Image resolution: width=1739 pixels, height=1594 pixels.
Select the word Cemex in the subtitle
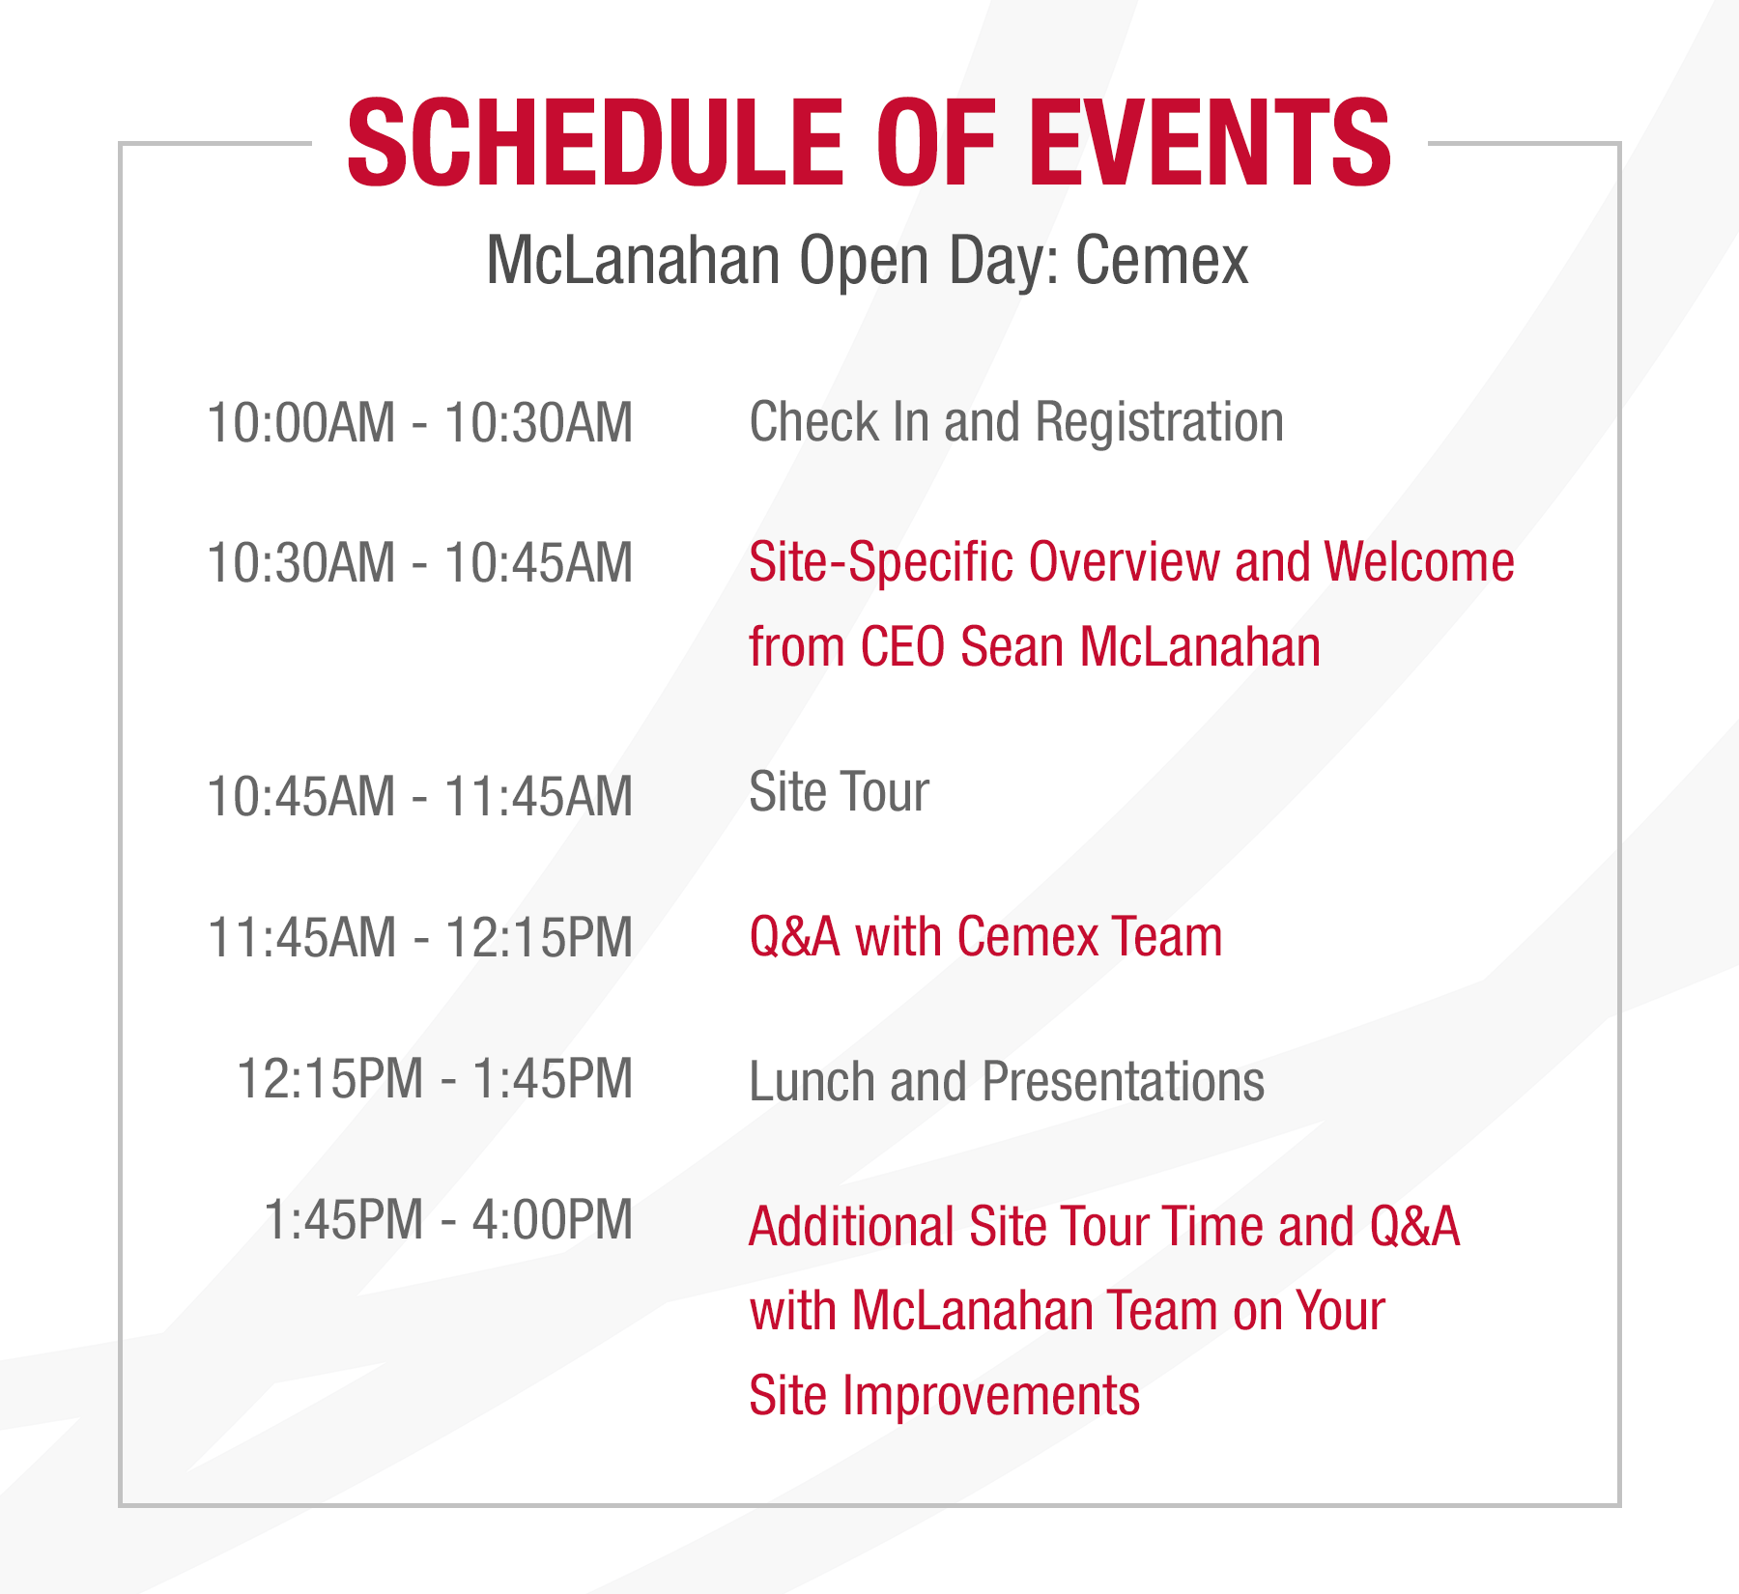point(1161,261)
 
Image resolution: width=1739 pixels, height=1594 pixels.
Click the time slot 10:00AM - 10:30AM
point(420,423)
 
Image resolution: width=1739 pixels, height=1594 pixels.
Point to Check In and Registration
point(1016,423)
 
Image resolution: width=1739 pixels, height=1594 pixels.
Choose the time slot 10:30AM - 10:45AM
point(420,563)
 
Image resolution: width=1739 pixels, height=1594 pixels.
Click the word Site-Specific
point(881,563)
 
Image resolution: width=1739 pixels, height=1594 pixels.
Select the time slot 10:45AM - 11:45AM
point(420,797)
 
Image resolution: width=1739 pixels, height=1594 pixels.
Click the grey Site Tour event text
point(839,793)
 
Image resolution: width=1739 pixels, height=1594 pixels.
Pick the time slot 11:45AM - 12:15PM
point(420,937)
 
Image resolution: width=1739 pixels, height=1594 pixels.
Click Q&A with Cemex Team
point(985,937)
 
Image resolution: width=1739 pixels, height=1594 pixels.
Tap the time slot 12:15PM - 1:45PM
point(435,1079)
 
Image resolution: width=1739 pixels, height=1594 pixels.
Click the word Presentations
point(1123,1082)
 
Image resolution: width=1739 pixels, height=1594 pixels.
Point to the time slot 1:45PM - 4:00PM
point(448,1220)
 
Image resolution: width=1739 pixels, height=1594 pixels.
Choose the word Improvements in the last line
point(990,1396)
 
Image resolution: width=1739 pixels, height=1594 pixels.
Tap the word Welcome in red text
point(1418,563)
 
